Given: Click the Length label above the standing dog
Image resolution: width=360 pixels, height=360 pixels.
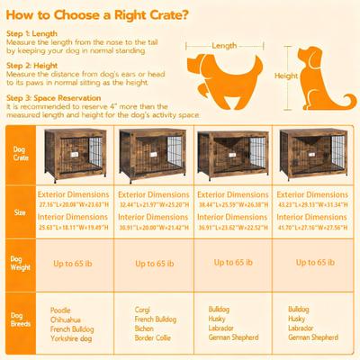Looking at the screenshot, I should [x=225, y=43].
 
